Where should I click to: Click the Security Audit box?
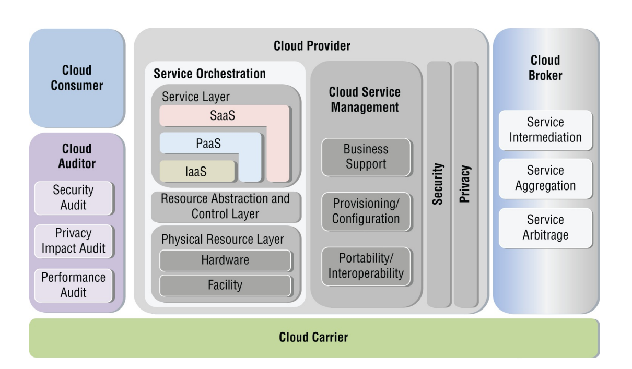[x=74, y=198]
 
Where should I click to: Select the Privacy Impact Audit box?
[x=74, y=241]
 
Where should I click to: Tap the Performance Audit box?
[x=74, y=285]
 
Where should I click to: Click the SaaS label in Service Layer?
[x=222, y=115]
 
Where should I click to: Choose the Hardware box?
[x=225, y=260]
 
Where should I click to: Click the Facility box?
[x=225, y=285]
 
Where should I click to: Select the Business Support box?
[x=366, y=157]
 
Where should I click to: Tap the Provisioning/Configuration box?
[x=366, y=211]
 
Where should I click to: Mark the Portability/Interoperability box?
[x=366, y=266]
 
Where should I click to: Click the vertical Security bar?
[x=439, y=184]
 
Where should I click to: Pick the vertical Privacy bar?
[x=466, y=184]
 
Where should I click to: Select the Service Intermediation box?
[x=545, y=130]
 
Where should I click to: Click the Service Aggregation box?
[x=545, y=178]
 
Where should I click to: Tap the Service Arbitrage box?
[x=545, y=228]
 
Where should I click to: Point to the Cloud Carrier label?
[x=313, y=337]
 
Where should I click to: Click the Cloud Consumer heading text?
[x=77, y=78]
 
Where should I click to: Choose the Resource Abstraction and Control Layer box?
[x=225, y=207]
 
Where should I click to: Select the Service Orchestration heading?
[x=209, y=74]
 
